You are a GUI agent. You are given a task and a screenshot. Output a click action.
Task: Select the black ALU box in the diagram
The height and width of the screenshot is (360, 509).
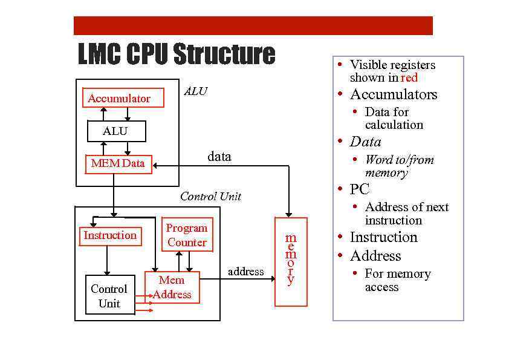[x=116, y=131]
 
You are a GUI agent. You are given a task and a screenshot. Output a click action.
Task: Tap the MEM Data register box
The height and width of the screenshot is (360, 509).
[x=118, y=163]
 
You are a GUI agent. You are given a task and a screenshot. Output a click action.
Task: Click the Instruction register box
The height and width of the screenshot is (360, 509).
[x=111, y=235]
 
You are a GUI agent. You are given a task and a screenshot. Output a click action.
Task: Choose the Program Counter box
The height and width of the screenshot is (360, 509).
[x=187, y=235]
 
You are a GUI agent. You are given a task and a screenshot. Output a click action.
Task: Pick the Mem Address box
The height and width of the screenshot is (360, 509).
[x=172, y=287]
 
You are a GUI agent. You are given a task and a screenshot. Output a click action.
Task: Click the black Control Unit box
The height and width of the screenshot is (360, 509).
[x=109, y=296]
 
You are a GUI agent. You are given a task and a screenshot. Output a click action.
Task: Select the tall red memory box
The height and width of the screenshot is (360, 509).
[x=291, y=261]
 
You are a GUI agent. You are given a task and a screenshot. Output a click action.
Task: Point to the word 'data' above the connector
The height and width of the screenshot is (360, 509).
[x=219, y=157]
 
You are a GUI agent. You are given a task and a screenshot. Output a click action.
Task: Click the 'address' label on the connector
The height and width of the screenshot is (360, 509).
[x=245, y=272]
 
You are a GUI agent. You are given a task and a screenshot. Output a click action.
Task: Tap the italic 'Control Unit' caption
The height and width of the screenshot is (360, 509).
[x=210, y=196]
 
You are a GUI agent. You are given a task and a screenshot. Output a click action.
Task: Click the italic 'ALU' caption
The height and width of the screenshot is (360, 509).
[x=195, y=91]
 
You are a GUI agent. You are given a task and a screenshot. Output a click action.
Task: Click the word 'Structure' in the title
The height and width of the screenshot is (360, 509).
[x=224, y=54]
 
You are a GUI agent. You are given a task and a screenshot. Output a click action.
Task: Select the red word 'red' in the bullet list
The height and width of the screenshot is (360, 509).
[x=409, y=77]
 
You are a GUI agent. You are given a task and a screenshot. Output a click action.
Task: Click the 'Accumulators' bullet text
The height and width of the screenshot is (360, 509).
[x=393, y=94]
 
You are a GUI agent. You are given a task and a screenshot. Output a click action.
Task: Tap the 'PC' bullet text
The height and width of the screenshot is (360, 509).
[x=359, y=189]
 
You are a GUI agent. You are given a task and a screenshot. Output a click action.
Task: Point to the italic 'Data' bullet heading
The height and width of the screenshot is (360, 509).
[x=365, y=142]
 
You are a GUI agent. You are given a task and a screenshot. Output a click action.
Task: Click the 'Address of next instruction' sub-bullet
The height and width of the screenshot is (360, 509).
[x=406, y=214]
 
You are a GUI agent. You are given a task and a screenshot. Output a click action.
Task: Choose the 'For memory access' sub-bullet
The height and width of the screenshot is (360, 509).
[x=397, y=280]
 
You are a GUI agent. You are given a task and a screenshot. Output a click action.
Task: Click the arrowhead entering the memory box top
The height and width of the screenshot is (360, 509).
[x=289, y=214]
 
